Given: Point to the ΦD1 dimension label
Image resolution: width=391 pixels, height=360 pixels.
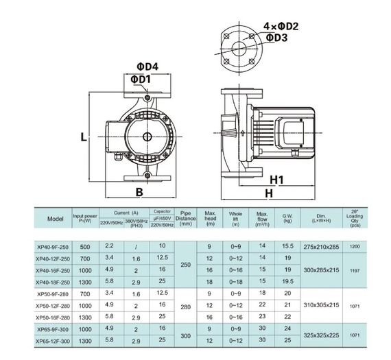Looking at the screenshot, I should coord(141,80).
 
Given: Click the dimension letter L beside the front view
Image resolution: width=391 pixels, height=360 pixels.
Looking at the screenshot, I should coord(83,136).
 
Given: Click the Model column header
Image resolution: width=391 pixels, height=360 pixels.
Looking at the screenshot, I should coord(56,219).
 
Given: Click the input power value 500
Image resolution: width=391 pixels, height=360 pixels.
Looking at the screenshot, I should coord(85,245).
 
